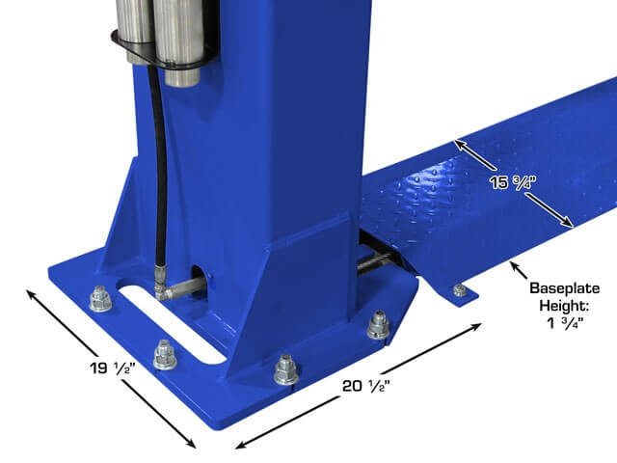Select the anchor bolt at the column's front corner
[286, 368]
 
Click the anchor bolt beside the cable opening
[378, 325]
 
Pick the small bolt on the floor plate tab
[461, 290]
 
